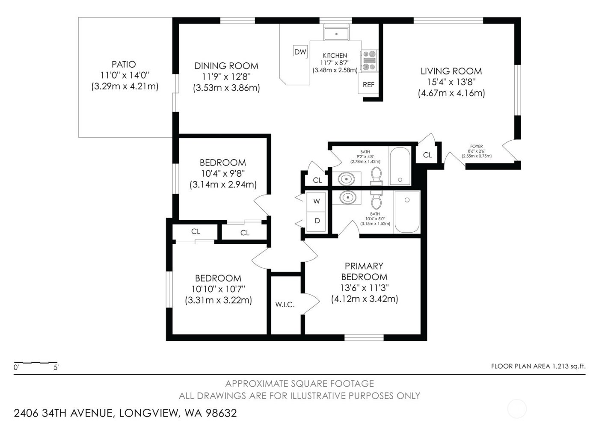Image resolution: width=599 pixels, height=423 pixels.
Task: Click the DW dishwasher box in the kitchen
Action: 300,52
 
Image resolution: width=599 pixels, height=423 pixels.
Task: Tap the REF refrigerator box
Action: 368,85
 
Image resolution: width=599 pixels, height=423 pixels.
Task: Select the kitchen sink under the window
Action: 336,33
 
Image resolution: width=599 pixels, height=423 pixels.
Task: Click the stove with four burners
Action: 369,60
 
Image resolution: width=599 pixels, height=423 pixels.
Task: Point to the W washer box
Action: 317,201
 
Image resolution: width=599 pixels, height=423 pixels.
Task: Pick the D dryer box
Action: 317,221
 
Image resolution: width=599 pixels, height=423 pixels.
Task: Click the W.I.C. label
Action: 285,305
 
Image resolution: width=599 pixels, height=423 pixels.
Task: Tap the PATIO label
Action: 124,64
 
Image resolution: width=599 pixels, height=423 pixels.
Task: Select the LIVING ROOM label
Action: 451,71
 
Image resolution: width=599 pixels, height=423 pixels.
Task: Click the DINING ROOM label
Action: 226,66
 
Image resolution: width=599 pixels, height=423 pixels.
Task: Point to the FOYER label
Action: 476,146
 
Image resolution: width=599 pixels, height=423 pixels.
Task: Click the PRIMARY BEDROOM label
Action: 364,271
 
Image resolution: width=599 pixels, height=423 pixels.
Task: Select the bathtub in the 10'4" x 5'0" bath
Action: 407,212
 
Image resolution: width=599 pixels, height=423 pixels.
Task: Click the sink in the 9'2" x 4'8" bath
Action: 347,178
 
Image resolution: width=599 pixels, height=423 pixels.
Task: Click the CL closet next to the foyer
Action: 427,155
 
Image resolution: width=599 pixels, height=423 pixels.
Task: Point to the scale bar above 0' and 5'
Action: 36,362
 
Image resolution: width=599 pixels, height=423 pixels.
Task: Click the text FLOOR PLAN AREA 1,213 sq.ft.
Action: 538,366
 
